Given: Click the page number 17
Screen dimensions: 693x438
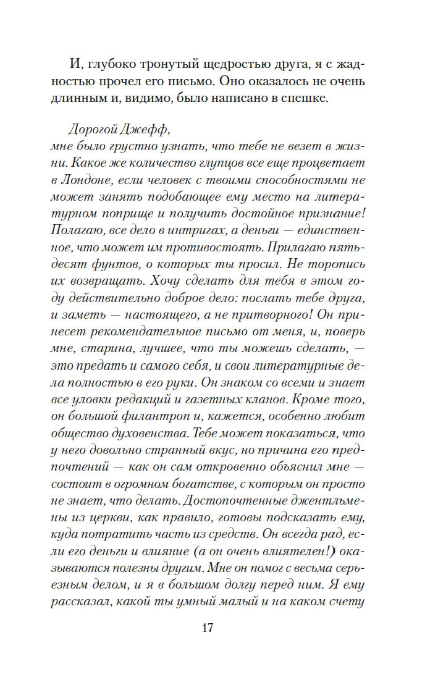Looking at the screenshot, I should pos(207,628).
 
